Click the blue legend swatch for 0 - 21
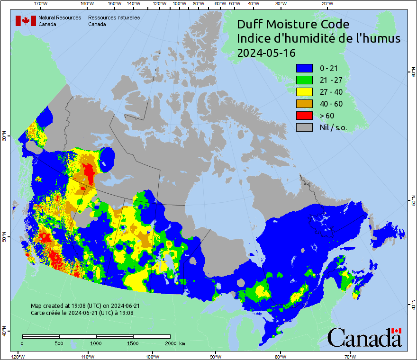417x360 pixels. point(304,69)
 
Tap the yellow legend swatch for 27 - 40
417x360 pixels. point(304,92)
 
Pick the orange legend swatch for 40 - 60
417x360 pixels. point(304,104)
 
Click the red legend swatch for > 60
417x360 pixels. point(304,115)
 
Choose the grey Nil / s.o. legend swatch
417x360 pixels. point(304,127)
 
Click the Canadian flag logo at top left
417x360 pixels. point(26,21)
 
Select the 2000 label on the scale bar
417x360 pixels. point(170,343)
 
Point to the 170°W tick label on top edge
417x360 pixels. point(41,4)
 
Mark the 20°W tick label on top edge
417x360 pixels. point(326,4)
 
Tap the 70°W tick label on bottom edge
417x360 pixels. point(350,356)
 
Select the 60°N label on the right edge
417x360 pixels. point(412,74)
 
